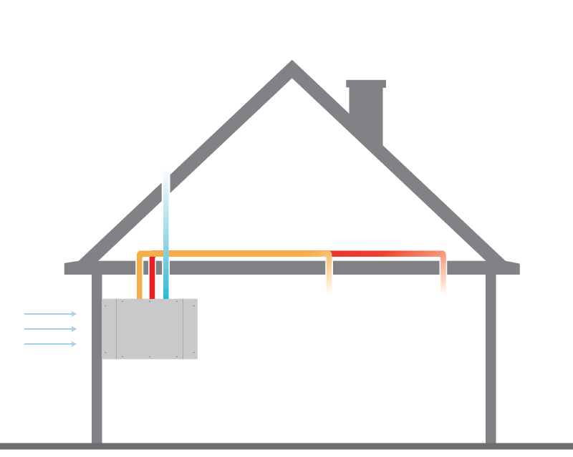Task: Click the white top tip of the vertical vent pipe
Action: pos(168,171)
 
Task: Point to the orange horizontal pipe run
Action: pos(236,254)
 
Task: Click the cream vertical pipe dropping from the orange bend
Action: pos(329,279)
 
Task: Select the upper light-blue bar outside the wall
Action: pos(47,322)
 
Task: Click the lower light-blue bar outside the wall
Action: pos(47,349)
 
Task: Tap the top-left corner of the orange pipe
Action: pos(140,254)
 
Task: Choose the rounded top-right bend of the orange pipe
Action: pos(328,255)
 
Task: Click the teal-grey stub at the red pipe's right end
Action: pos(468,255)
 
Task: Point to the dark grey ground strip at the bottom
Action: pos(286,450)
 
